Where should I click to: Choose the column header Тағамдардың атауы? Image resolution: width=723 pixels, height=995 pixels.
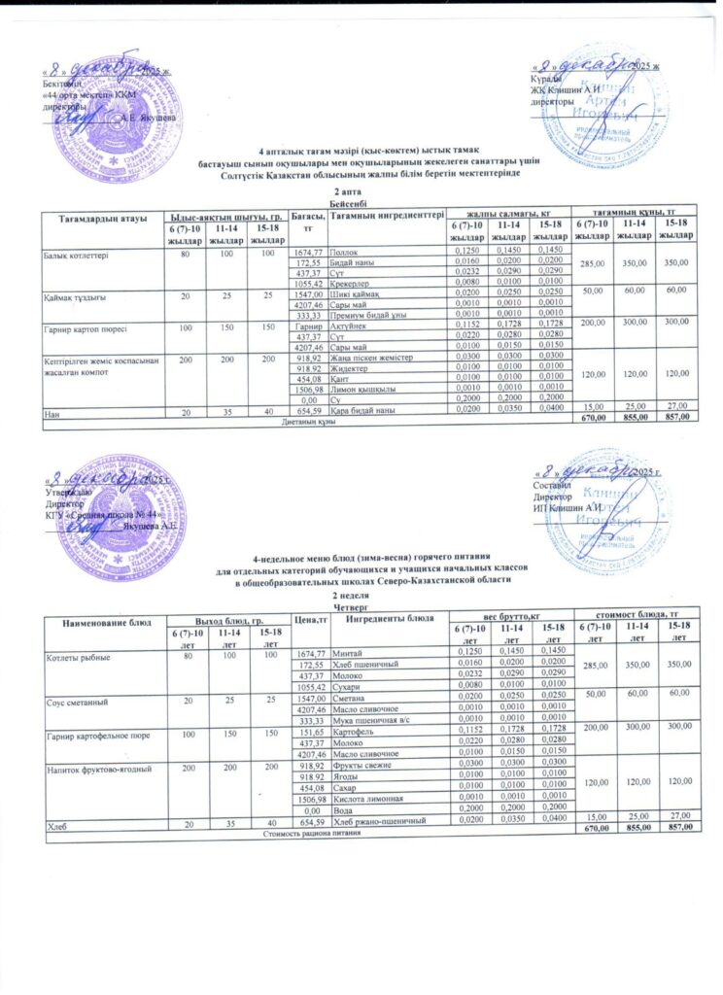(x=100, y=215)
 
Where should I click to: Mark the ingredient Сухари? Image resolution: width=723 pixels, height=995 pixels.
(x=347, y=685)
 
